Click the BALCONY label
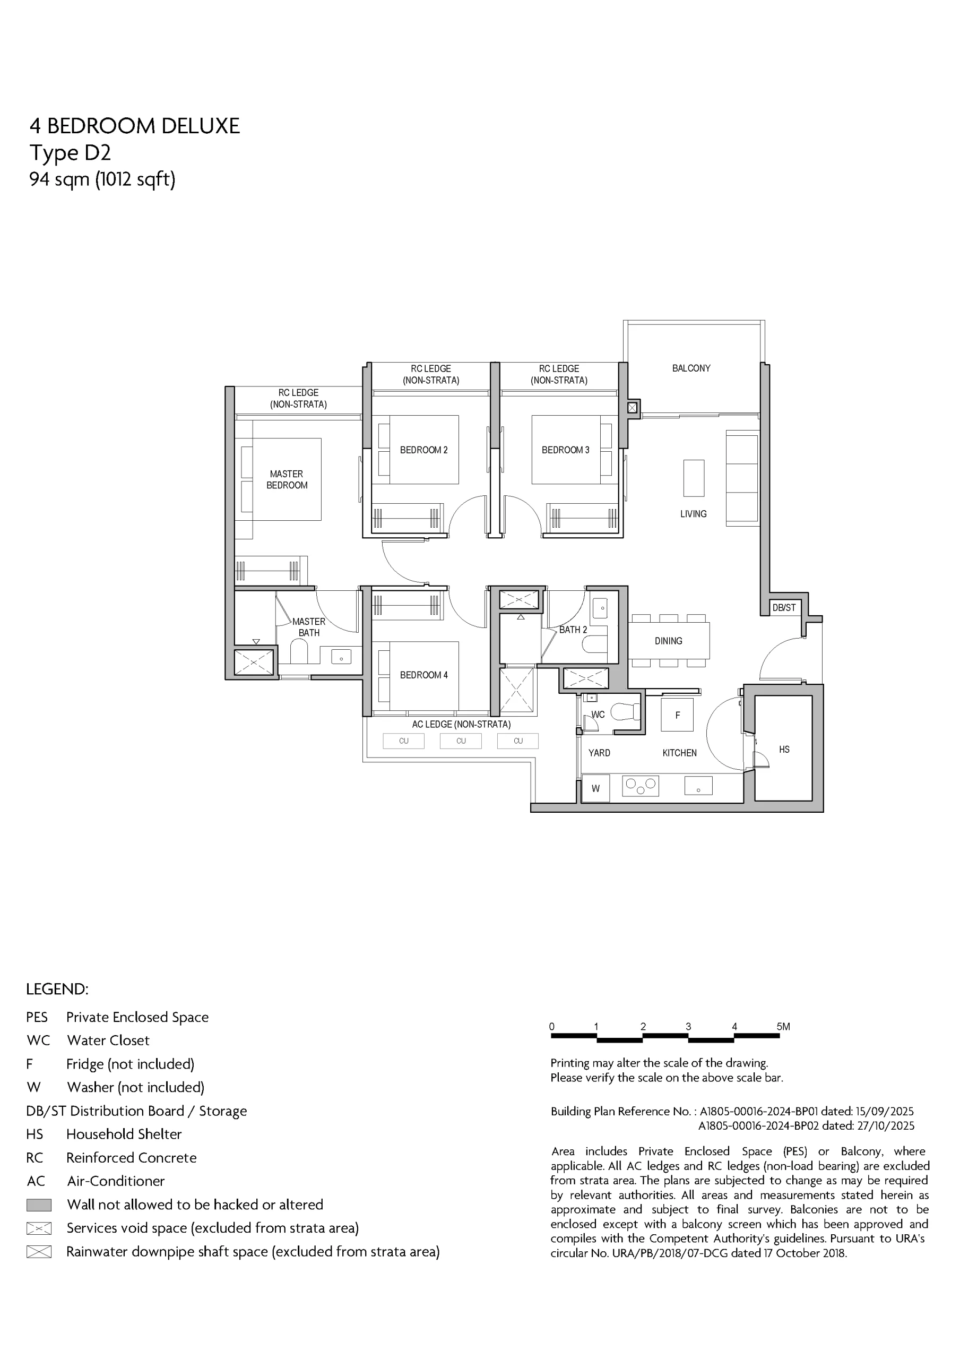point(691,368)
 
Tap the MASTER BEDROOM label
point(287,479)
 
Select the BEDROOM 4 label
point(424,675)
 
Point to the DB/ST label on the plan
point(784,607)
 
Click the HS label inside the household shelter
point(784,750)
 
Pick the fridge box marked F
point(678,715)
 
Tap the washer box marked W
point(595,788)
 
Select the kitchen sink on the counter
point(698,786)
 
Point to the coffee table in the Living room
point(694,478)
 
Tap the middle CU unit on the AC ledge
point(461,741)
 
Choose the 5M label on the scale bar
point(783,1026)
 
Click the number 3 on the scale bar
point(688,1026)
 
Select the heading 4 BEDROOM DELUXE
point(135,126)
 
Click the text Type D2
point(71,153)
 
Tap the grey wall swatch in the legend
point(39,1205)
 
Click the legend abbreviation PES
point(37,1017)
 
